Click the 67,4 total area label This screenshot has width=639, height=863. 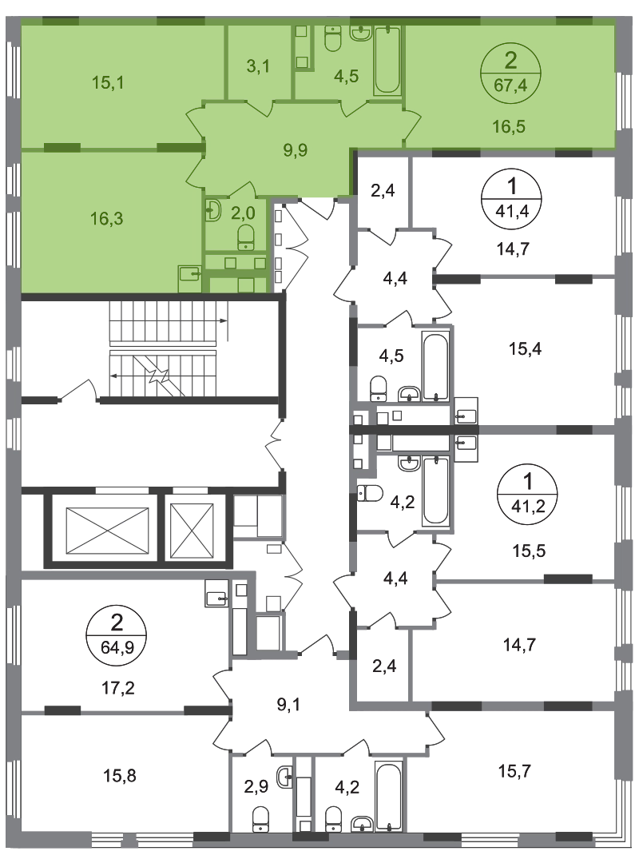tap(510, 86)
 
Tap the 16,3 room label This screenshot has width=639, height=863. tap(107, 218)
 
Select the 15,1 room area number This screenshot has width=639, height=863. tap(108, 82)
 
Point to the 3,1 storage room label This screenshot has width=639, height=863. tap(257, 66)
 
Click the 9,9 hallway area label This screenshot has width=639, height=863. tap(295, 149)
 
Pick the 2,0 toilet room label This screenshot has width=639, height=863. tap(243, 213)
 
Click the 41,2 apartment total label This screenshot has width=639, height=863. tap(528, 505)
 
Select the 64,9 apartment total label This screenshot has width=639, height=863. tap(117, 646)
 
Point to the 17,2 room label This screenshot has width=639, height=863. tap(119, 687)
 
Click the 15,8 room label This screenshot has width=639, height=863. tap(120, 775)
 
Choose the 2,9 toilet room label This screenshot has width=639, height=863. tap(256, 786)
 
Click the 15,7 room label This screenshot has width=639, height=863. tap(514, 771)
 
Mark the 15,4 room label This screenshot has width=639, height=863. tap(525, 348)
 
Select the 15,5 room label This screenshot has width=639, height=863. tap(529, 551)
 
